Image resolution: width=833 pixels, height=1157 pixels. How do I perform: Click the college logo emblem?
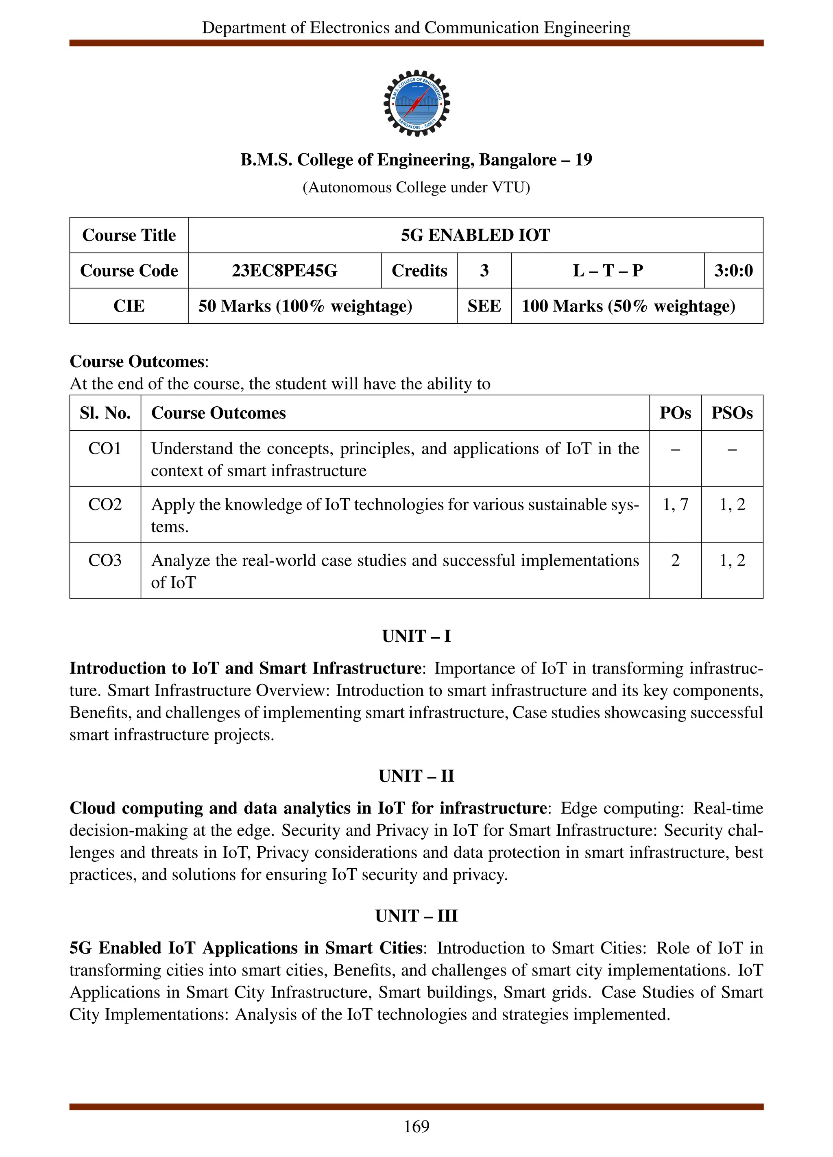pos(416,103)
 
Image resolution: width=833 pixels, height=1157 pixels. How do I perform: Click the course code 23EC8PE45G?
pos(284,270)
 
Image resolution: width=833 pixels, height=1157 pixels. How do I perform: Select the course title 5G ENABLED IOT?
pos(475,235)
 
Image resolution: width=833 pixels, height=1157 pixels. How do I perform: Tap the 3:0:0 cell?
pos(733,270)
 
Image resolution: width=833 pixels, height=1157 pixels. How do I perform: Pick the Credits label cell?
pos(419,270)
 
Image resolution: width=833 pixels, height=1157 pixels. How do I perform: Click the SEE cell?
pos(484,306)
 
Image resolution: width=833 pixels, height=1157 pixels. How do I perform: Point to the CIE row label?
pos(129,306)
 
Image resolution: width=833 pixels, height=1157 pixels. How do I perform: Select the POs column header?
pos(675,413)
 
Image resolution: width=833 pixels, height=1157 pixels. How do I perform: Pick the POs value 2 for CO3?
pos(675,560)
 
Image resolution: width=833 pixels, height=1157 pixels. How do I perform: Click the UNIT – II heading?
pos(416,776)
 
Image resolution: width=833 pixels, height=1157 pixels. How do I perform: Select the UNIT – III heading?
pos(416,916)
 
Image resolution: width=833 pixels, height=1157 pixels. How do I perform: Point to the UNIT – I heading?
pos(416,636)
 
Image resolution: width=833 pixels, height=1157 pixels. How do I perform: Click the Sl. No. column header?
pos(105,413)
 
